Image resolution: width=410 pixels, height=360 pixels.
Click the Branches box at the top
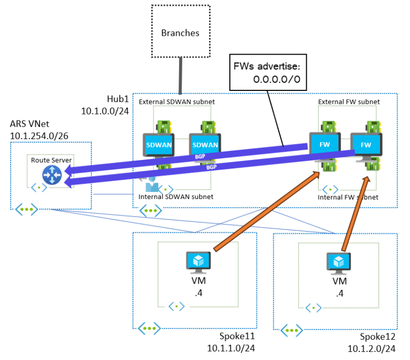[180, 33]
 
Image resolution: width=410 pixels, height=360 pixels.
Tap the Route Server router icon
[52, 174]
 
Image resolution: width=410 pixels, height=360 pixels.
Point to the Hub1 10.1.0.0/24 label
[105, 106]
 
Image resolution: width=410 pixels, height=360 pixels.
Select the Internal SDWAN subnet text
[175, 197]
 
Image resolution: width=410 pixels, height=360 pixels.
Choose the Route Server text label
[51, 159]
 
